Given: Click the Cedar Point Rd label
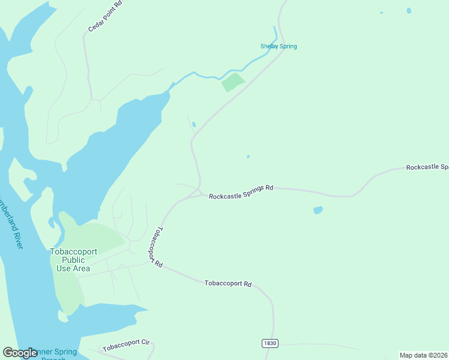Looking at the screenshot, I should [x=104, y=16].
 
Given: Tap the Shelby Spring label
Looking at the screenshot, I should [x=279, y=46].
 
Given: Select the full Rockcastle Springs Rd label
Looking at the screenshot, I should [x=241, y=192].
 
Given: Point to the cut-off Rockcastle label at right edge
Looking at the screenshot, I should [x=427, y=167].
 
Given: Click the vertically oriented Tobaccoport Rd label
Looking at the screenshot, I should [x=155, y=247].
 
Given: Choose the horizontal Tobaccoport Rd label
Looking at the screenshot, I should [x=228, y=283].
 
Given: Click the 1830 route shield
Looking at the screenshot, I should [x=270, y=343].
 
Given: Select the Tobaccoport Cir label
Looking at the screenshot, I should [x=125, y=346].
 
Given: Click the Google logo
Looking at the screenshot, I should [x=20, y=353].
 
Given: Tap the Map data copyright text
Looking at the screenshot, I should [x=423, y=355].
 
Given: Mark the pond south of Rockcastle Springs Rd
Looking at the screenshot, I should [x=318, y=210].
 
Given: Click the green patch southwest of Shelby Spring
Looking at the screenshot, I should [x=234, y=82].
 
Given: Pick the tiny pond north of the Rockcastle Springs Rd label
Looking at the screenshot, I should [x=248, y=157].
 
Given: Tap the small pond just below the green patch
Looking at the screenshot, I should [x=193, y=124].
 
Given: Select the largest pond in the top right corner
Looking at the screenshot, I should [x=409, y=10].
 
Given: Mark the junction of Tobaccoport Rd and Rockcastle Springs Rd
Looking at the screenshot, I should [x=200, y=193].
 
